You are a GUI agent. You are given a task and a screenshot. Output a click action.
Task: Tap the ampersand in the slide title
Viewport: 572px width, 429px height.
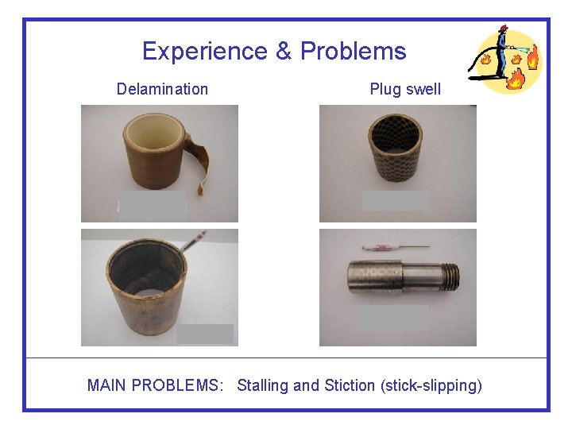(284, 52)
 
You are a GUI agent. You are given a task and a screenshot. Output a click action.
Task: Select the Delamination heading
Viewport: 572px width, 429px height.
(162, 89)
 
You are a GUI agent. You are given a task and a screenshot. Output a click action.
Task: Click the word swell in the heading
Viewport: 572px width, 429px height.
(423, 89)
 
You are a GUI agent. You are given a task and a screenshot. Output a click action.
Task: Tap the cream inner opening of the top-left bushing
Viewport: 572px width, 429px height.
(151, 129)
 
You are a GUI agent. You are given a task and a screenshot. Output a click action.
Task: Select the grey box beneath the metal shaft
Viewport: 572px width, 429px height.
(393, 317)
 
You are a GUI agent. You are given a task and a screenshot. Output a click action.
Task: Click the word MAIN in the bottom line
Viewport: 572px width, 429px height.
(106, 386)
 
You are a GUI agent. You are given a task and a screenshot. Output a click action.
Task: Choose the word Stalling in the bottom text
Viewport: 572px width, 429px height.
(263, 386)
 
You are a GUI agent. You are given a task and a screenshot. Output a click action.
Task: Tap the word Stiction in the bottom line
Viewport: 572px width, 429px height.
(350, 386)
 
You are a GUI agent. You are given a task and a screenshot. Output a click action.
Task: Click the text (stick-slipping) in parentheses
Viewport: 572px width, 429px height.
(431, 386)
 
